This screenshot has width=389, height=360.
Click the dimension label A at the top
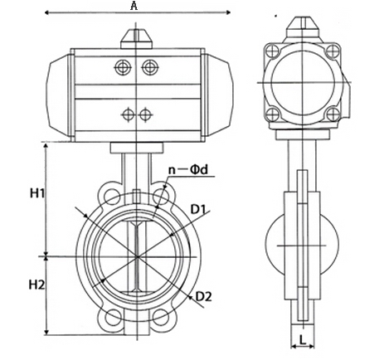tap(134, 6)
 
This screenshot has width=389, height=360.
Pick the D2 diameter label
tap(205, 296)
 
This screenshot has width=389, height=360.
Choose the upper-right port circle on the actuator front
tap(148, 67)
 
